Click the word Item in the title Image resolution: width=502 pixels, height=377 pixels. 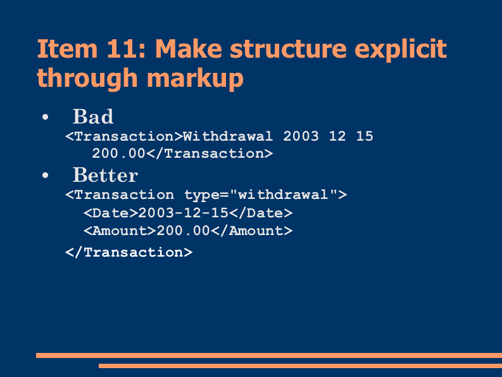point(67,49)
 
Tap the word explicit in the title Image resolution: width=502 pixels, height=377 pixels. point(401,49)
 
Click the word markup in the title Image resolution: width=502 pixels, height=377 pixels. point(196,79)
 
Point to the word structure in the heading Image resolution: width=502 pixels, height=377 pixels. point(288,49)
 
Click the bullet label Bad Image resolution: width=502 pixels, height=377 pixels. point(93,116)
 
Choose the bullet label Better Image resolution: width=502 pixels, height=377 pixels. point(105,175)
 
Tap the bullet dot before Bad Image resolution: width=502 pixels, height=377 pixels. point(45,117)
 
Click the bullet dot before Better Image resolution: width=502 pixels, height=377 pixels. point(45,176)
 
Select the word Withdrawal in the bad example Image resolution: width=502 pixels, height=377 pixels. point(228,136)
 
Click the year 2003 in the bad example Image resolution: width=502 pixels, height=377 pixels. point(301,136)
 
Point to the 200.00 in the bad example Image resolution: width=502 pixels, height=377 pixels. point(119,153)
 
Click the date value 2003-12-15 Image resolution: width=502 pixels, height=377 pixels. point(183,213)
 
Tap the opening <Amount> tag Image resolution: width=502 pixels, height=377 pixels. point(120,231)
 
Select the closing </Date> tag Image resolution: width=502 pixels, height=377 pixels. point(261,213)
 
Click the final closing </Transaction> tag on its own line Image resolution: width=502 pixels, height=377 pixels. point(129,252)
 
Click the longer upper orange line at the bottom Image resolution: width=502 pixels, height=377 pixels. point(269,355)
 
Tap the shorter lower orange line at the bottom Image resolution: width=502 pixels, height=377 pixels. point(300,366)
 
